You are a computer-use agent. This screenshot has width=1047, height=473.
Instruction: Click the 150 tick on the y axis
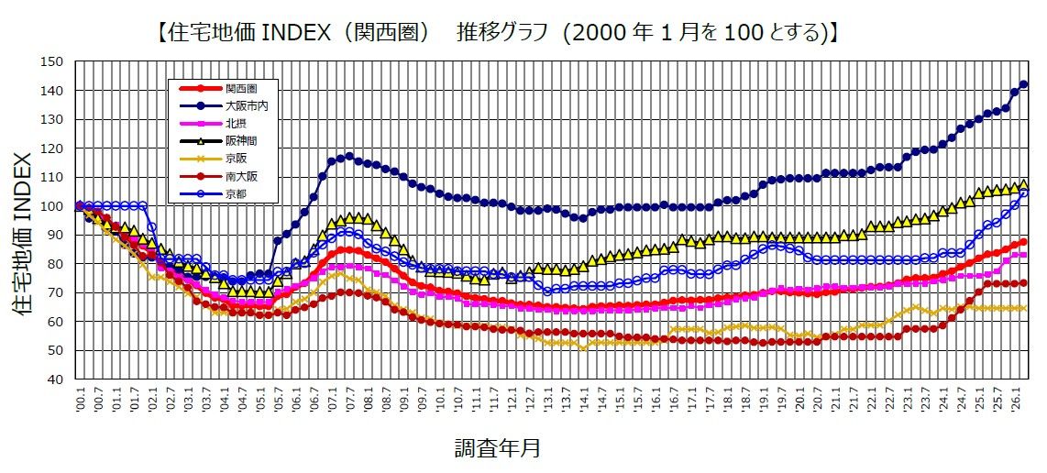click(52, 61)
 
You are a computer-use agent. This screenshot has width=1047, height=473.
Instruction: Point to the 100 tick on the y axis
click(52, 206)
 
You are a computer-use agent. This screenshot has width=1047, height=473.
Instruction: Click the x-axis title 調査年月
click(497, 448)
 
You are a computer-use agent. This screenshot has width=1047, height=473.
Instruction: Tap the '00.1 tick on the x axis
click(80, 401)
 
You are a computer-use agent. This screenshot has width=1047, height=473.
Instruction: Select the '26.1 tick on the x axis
click(1014, 401)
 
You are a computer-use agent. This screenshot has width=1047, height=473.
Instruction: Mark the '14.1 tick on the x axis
click(583, 401)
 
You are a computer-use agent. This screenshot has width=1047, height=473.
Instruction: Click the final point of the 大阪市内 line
click(1024, 84)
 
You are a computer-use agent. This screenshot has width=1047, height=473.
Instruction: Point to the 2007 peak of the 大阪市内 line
click(348, 156)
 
